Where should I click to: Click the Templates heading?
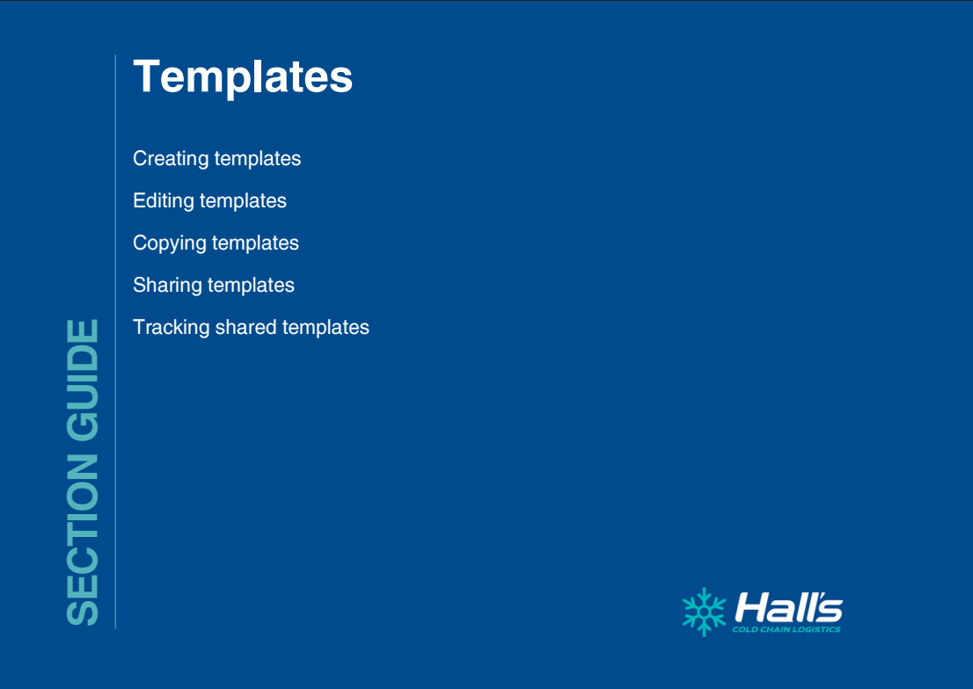[x=243, y=77]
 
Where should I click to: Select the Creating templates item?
[x=216, y=159]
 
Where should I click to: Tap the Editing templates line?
[x=209, y=201]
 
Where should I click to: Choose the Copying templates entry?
[x=216, y=243]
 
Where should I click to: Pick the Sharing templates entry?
[x=214, y=286]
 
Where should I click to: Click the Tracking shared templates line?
[x=252, y=328]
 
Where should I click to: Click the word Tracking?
[x=172, y=328]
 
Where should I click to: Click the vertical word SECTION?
[x=83, y=540]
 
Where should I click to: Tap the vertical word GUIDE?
[x=83, y=380]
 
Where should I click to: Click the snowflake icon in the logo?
[x=705, y=612]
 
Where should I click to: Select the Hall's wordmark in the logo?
[x=789, y=608]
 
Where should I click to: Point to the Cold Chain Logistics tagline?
[x=786, y=629]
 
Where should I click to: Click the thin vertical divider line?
[x=115, y=342]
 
